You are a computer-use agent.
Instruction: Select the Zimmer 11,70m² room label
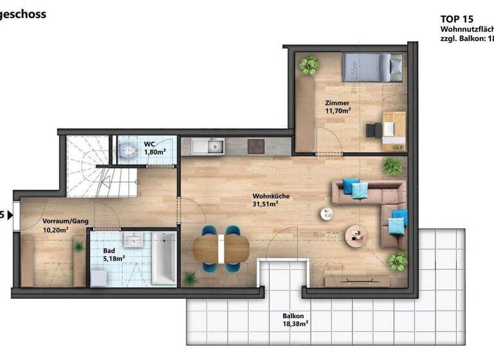(x=338, y=107)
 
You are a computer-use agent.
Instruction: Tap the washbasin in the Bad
(x=136, y=241)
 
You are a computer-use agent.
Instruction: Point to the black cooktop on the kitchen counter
(x=256, y=147)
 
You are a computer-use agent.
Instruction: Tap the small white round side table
(x=327, y=214)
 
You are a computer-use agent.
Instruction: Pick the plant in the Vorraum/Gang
(x=79, y=246)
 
